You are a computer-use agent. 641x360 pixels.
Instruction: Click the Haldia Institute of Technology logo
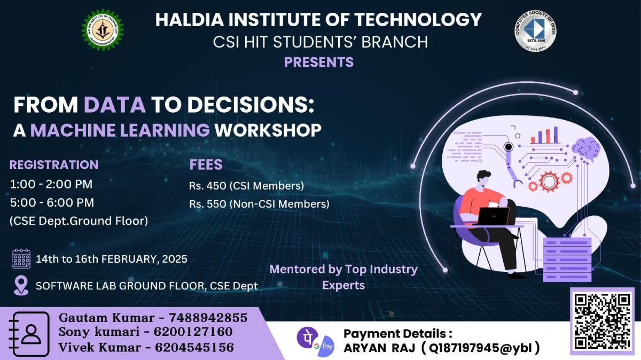point(103,30)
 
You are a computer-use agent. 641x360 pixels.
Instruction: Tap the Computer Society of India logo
point(536,31)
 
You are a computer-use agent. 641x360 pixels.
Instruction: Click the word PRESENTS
point(318,62)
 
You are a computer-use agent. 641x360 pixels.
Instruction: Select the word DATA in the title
point(115,105)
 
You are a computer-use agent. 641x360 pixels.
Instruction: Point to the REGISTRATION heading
point(54,165)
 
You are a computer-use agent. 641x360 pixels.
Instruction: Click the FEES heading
point(206,165)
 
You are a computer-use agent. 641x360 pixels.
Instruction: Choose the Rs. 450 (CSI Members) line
point(246,186)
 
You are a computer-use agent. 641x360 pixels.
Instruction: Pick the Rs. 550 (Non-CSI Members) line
point(259,204)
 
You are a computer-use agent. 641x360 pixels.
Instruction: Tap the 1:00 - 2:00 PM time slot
point(51,184)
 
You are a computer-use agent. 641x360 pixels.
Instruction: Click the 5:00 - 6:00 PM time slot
point(52,202)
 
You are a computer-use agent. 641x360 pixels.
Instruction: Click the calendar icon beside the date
point(21,259)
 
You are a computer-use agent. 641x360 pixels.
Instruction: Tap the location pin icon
point(21,285)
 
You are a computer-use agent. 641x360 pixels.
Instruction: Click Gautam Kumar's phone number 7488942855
point(208,318)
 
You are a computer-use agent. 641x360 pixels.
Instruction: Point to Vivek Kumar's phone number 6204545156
point(194,347)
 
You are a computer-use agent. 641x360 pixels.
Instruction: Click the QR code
point(602,320)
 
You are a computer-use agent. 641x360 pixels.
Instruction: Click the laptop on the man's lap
point(493,216)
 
